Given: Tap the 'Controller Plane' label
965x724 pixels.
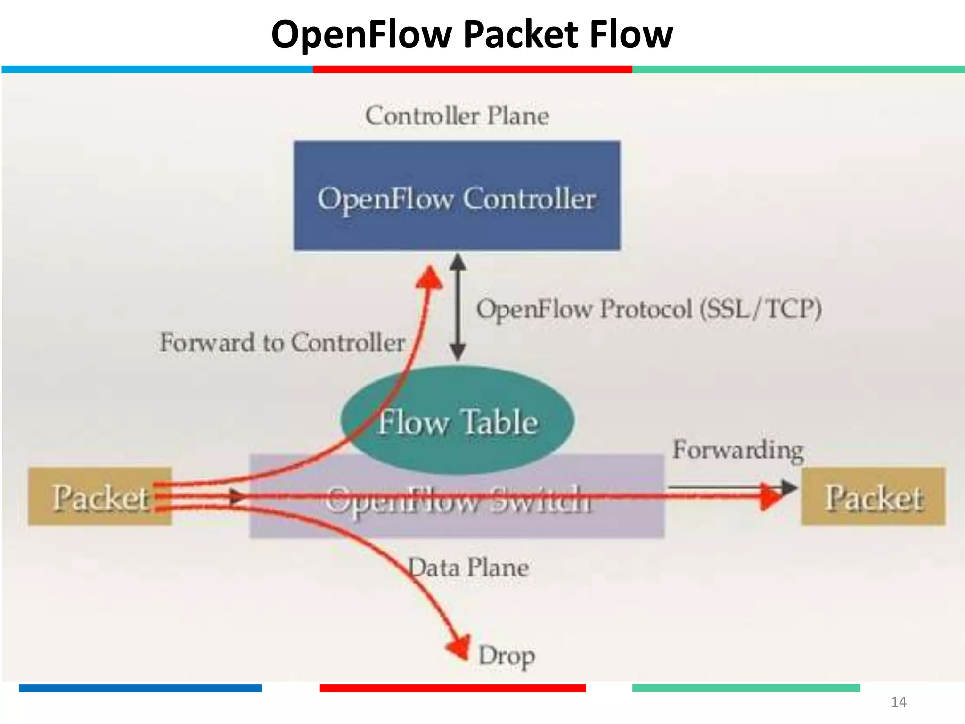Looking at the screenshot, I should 457,116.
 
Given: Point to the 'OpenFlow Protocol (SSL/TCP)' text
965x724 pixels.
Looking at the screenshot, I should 649,310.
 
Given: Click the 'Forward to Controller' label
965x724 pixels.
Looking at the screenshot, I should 282,342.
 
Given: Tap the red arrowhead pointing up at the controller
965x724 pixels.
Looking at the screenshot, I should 430,278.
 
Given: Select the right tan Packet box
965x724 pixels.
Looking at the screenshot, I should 873,497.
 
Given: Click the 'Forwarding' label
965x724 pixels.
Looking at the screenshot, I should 738,450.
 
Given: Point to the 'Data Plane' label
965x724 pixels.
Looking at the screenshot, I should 468,568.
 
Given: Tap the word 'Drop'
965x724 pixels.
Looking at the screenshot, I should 507,655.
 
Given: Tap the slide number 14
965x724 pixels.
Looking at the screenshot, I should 899,702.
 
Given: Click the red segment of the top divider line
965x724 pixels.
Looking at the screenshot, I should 472,69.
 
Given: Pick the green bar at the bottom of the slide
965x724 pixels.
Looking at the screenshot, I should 746,688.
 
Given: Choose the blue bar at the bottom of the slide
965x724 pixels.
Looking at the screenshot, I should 140,688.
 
